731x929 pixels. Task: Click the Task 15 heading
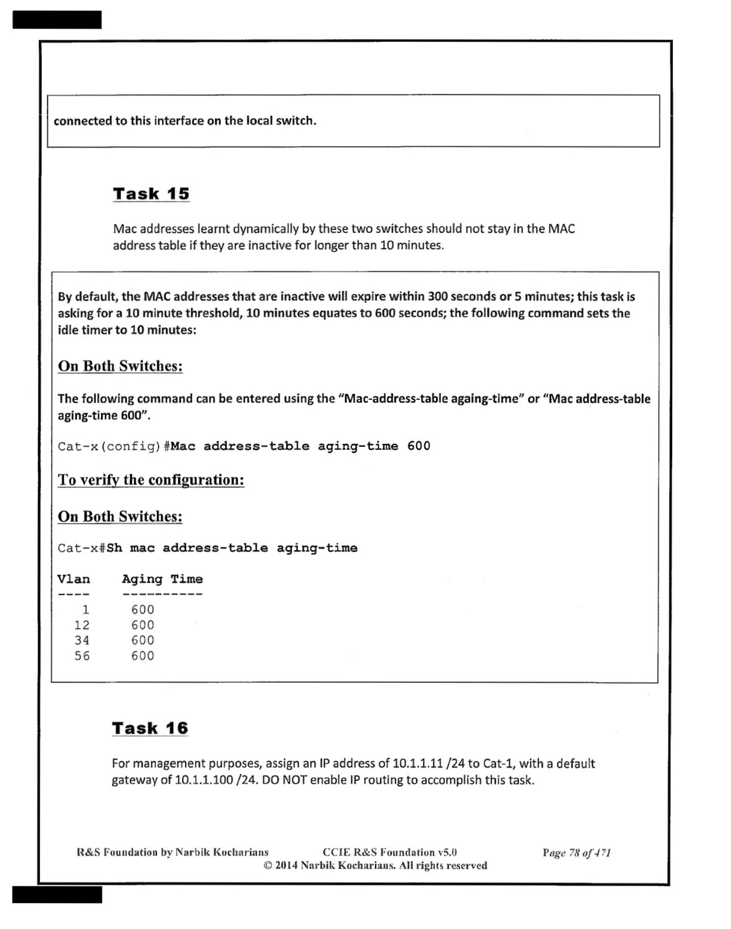151,194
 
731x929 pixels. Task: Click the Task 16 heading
150,728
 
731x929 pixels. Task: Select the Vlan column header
73,579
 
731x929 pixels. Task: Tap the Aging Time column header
162,579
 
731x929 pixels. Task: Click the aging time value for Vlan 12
143,625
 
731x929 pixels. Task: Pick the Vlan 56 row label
82,656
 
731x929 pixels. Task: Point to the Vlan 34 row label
82,640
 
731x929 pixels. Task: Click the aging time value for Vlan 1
143,610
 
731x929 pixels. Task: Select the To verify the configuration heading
151,480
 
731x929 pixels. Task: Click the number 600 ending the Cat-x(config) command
418,446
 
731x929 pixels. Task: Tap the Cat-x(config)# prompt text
114,446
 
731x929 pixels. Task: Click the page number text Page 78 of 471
576,853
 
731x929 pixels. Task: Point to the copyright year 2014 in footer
286,866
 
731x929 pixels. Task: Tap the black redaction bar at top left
57,20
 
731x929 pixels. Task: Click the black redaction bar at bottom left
57,894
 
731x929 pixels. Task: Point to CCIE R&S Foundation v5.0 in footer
390,853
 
